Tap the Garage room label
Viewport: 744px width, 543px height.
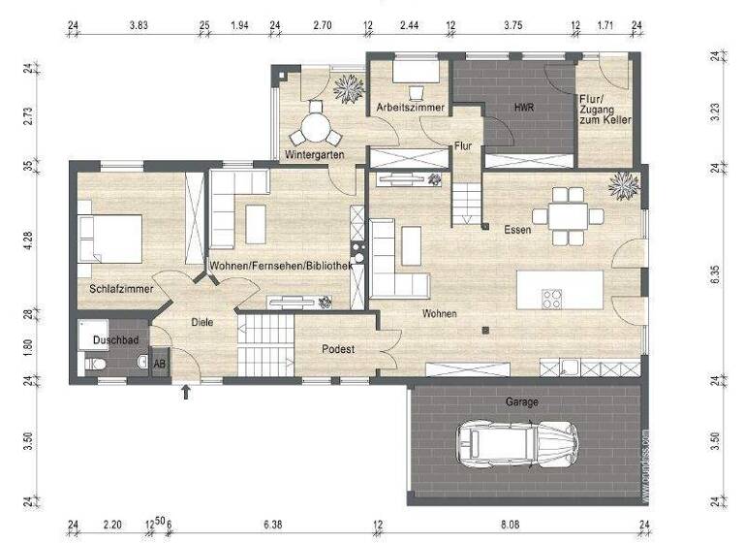pyautogui.click(x=522, y=401)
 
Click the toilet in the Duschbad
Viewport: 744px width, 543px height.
pyautogui.click(x=94, y=364)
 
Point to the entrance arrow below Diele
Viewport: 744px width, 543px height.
pyautogui.click(x=186, y=392)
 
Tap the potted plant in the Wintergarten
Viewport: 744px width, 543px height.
pyautogui.click(x=346, y=89)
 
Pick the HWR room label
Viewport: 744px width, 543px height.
pyautogui.click(x=525, y=107)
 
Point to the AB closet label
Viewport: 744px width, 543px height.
pyautogui.click(x=160, y=363)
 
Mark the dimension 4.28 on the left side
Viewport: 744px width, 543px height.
pyautogui.click(x=30, y=240)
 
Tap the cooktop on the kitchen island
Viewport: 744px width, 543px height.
pyautogui.click(x=552, y=298)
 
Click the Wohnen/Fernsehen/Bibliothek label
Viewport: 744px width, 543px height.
pyautogui.click(x=281, y=265)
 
